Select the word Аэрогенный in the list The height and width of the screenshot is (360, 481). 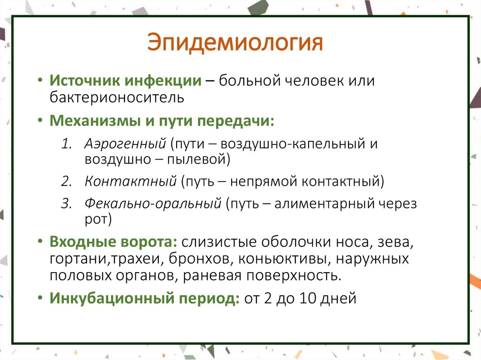pyautogui.click(x=126, y=143)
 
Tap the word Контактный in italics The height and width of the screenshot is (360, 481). pyautogui.click(x=130, y=181)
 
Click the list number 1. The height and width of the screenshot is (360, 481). pyautogui.click(x=66, y=144)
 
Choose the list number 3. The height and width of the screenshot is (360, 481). pyautogui.click(x=66, y=204)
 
